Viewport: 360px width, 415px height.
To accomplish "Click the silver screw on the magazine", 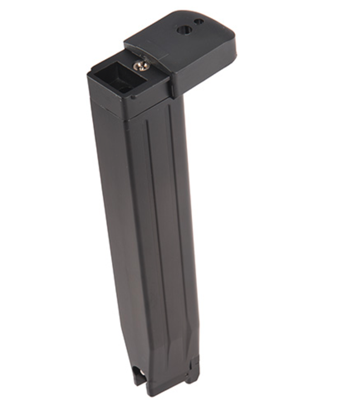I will (x=141, y=67).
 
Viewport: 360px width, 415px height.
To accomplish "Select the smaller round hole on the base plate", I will (x=199, y=22).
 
